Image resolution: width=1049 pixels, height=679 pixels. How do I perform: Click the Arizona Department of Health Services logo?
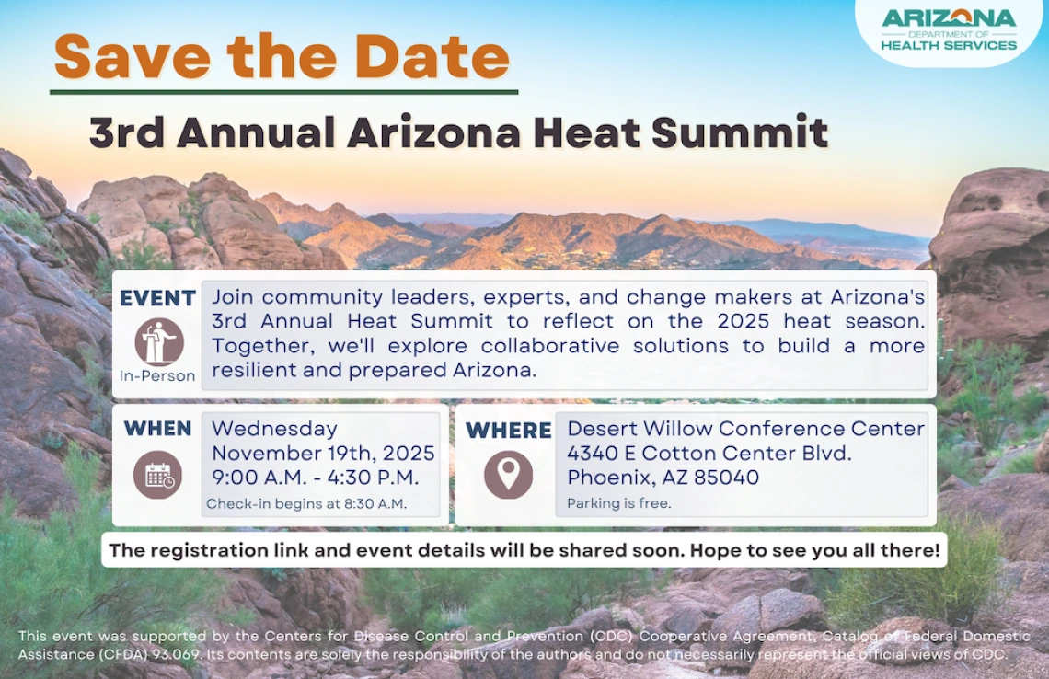pyautogui.click(x=949, y=29)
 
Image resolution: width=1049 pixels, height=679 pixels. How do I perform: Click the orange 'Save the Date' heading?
pyautogui.click(x=282, y=56)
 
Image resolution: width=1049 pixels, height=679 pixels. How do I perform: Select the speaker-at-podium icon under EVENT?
pyautogui.click(x=158, y=341)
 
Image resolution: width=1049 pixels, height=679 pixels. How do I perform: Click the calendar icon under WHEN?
pyautogui.click(x=158, y=475)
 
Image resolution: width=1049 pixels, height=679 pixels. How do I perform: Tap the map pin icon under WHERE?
pyautogui.click(x=508, y=475)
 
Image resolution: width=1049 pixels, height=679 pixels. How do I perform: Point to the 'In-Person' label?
pyautogui.click(x=157, y=375)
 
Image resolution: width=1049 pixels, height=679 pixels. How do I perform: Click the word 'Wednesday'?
pyautogui.click(x=274, y=429)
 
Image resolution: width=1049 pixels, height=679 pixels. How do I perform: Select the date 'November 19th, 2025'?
pyautogui.click(x=323, y=454)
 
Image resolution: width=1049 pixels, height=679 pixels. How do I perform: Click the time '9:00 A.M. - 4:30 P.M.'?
pyautogui.click(x=316, y=478)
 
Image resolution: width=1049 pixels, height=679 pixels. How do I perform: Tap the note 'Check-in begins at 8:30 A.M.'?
pyautogui.click(x=306, y=503)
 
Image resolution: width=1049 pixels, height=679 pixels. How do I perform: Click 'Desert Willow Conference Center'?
pyautogui.click(x=745, y=429)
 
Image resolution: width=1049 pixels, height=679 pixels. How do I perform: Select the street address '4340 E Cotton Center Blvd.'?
pyautogui.click(x=709, y=454)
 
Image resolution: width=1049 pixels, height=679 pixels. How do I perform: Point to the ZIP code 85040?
pyautogui.click(x=727, y=478)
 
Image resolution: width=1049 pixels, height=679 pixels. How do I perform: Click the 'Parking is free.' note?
pyautogui.click(x=618, y=503)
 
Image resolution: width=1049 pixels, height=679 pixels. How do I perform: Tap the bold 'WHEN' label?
pyautogui.click(x=157, y=429)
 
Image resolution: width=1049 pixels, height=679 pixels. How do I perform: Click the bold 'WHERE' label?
pyautogui.click(x=508, y=431)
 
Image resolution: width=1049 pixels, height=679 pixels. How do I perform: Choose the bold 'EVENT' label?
pyautogui.click(x=157, y=298)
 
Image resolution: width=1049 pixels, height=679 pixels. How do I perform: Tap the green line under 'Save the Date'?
pyautogui.click(x=283, y=92)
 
